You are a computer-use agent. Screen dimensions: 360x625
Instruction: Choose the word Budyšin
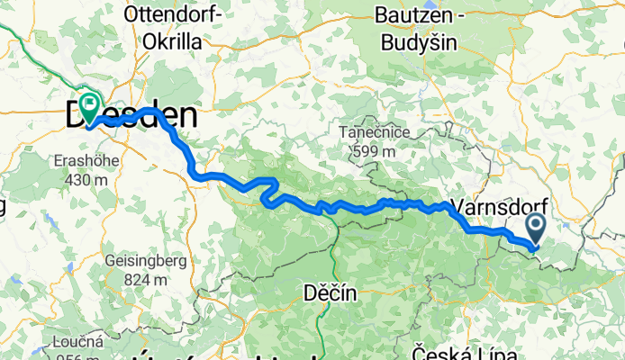coord(416,42)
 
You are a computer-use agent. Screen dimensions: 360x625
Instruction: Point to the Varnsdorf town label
coord(499,205)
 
